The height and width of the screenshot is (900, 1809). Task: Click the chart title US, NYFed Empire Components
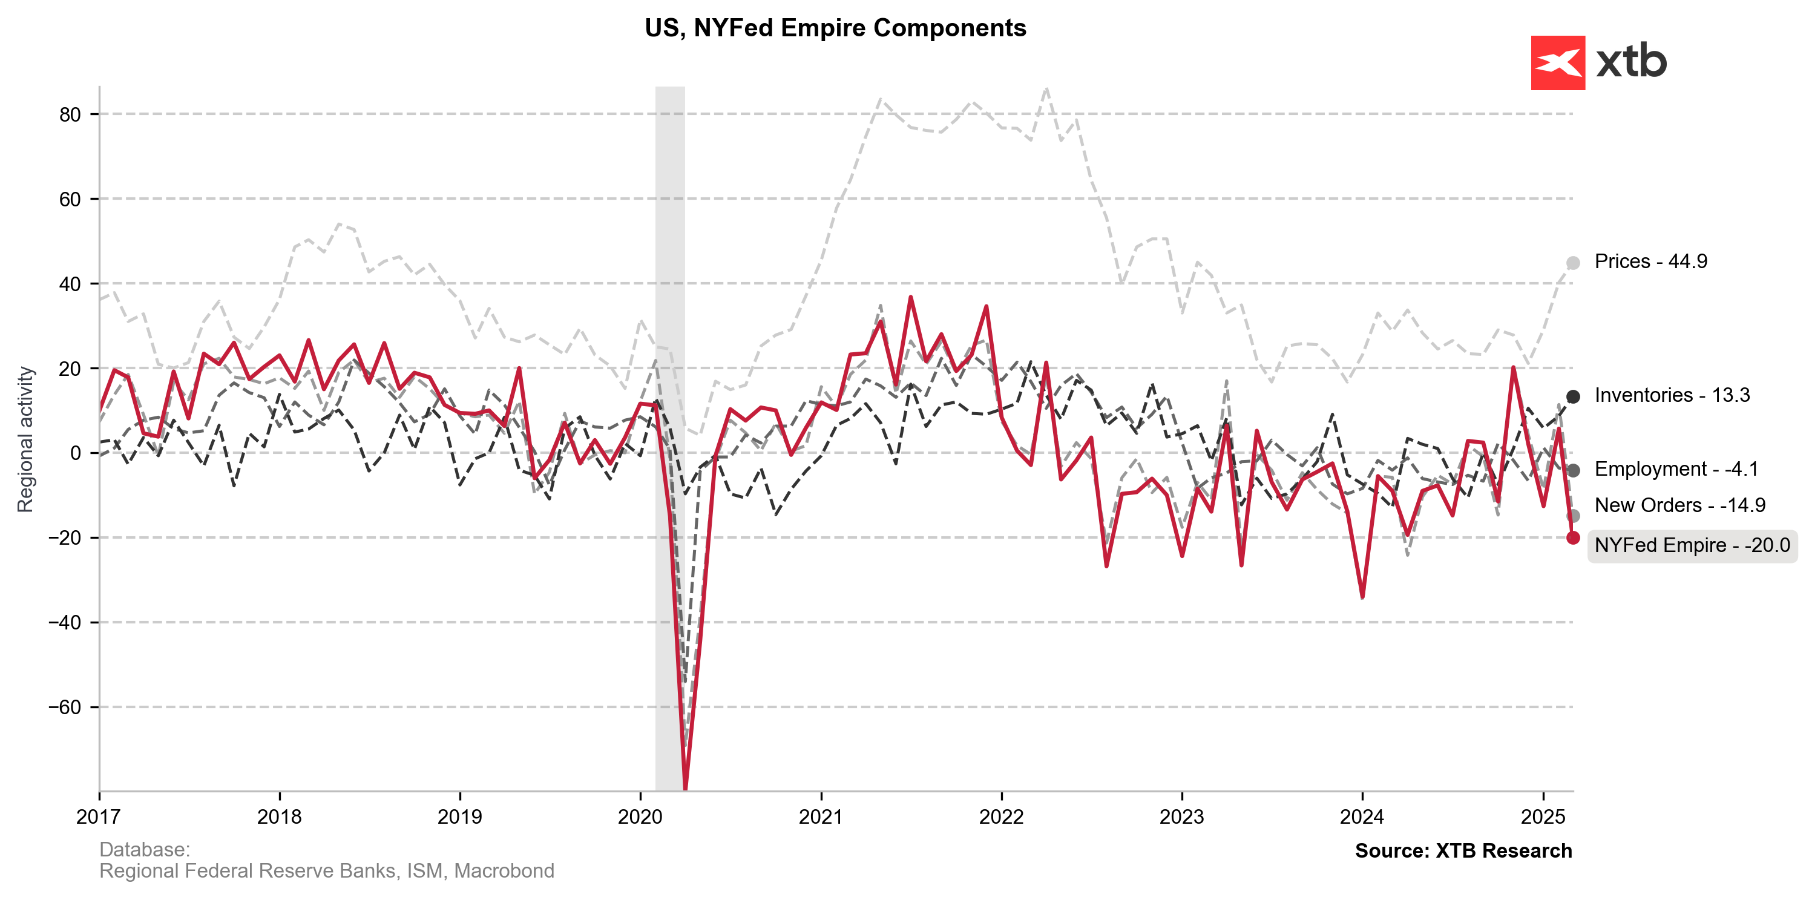(x=835, y=28)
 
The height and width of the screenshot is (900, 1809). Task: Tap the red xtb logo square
(x=1558, y=63)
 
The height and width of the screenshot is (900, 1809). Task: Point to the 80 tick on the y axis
(x=70, y=114)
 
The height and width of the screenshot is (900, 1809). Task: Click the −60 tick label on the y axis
(x=65, y=707)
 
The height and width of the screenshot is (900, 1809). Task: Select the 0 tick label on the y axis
(x=75, y=453)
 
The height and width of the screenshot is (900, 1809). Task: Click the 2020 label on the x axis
(x=640, y=817)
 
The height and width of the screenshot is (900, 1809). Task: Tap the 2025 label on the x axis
(x=1543, y=817)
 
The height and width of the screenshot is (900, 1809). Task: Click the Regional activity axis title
(x=25, y=439)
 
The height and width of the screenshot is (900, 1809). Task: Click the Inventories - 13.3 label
(x=1672, y=395)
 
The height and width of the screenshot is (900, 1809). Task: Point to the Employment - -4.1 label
(x=1676, y=469)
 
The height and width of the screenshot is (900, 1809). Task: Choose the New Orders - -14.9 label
(x=1679, y=505)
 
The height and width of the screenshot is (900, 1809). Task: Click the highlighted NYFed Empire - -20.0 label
(x=1691, y=545)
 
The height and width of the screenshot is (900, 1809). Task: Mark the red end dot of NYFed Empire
(x=1573, y=537)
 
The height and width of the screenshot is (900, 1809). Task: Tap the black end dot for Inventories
(x=1573, y=396)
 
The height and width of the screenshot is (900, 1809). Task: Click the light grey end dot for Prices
(x=1573, y=263)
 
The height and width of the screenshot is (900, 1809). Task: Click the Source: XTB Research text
(x=1463, y=851)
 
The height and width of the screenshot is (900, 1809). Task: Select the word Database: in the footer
(x=145, y=849)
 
